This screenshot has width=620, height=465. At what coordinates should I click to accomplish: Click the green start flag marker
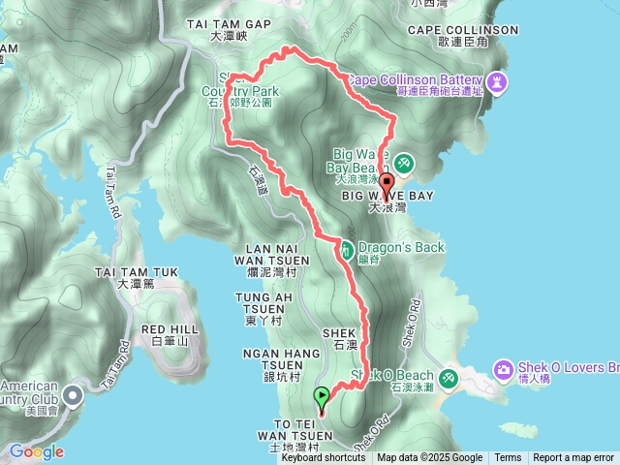tap(322, 397)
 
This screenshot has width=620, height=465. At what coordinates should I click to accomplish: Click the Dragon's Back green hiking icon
tap(346, 249)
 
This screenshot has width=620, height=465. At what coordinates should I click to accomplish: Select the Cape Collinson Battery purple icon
tap(498, 81)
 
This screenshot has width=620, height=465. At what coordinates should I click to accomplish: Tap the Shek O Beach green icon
tap(449, 377)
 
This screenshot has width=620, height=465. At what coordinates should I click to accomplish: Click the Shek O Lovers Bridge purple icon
tap(503, 369)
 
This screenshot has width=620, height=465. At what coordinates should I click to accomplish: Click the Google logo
tap(36, 451)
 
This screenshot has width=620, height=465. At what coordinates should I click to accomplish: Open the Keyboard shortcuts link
tap(324, 458)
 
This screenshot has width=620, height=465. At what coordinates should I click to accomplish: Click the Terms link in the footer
tap(508, 458)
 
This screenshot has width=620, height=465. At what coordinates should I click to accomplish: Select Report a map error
tap(573, 458)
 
